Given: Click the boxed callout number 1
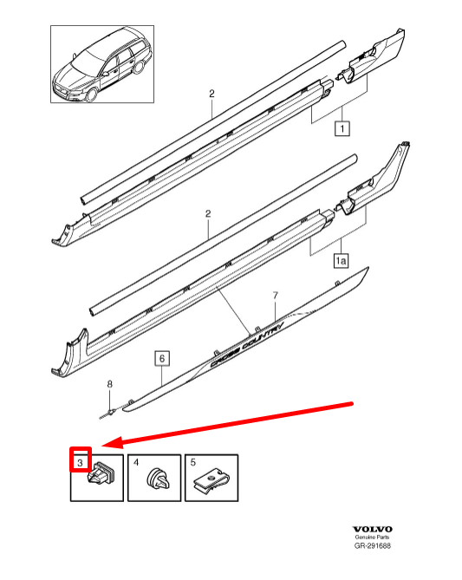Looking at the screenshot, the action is tap(342, 128).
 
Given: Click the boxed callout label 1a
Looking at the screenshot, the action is tap(341, 261).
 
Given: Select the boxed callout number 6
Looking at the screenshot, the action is tap(162, 358).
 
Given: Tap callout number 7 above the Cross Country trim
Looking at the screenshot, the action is tap(275, 295).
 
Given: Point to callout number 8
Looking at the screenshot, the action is tap(109, 384).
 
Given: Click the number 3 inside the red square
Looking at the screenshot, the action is tap(81, 462).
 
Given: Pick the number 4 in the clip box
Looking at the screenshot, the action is tap(136, 462).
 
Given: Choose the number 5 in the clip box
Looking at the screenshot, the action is tap(193, 462).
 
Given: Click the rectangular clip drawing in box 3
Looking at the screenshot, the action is tap(101, 474).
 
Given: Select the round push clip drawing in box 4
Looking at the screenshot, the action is tap(159, 479).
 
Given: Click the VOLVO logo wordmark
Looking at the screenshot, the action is tap(372, 530).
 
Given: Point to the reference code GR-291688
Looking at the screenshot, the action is tap(372, 545).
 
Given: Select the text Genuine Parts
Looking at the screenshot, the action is tap(372, 538).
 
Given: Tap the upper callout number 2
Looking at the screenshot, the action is tap(211, 94).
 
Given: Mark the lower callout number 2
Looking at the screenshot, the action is tap(208, 213).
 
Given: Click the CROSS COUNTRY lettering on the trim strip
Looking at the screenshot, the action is tap(246, 344).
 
